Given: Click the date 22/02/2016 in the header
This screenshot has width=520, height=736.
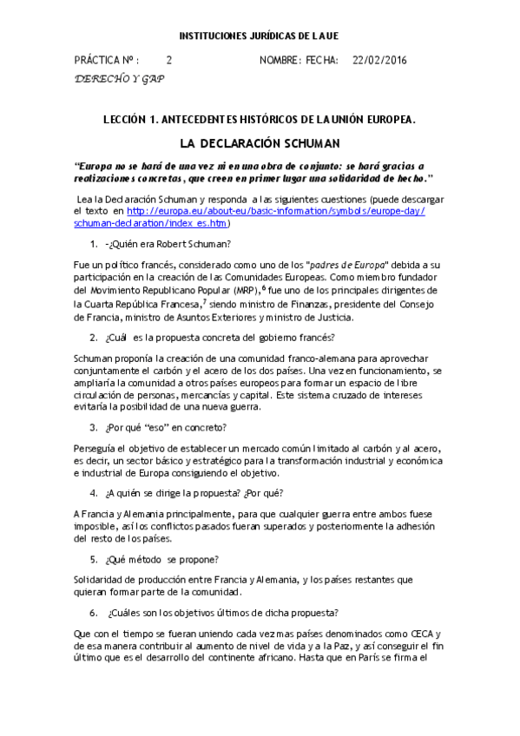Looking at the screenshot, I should (379, 61).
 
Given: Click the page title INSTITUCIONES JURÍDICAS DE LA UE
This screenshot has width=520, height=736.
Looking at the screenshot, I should (259, 36).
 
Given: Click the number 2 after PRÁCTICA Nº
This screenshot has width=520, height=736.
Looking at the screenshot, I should (169, 61).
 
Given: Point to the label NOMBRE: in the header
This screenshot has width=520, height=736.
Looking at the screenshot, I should (280, 61).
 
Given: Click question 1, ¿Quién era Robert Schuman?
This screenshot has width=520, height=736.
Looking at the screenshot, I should (174, 242).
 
